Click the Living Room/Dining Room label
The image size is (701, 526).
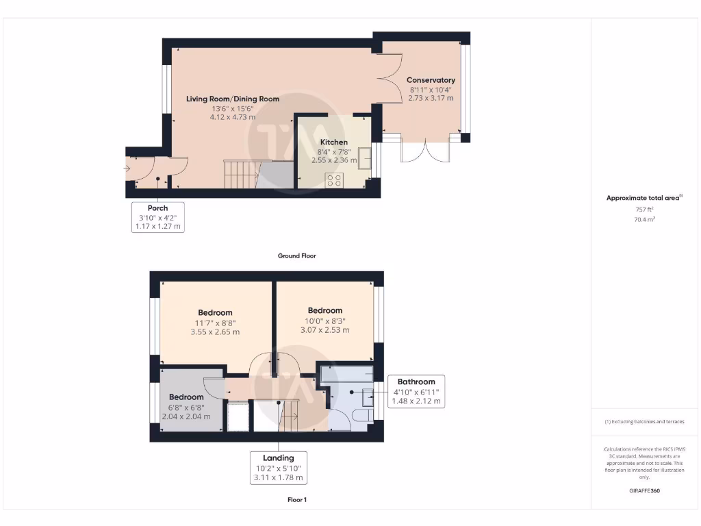point(233,99)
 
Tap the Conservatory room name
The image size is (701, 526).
point(431,80)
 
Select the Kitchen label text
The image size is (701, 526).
point(334,142)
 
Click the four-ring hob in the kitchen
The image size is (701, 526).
point(335,180)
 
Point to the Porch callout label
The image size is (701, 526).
point(157,208)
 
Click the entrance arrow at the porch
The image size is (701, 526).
point(127,168)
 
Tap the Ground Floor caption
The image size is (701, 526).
point(296,255)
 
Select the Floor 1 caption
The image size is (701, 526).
point(296,500)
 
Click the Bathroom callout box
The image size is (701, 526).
point(416,391)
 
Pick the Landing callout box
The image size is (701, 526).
point(278,468)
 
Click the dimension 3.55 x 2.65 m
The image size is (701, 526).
point(215,332)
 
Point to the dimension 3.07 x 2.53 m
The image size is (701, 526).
point(324,329)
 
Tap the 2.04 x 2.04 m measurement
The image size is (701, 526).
point(186,416)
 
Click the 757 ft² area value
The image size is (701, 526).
point(643,210)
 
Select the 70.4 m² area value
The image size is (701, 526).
point(643,219)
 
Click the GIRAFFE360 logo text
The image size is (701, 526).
point(643,490)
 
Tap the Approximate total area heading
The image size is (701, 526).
point(643,198)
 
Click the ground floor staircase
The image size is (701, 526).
point(240,173)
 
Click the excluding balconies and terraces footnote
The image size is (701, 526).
point(643,422)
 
